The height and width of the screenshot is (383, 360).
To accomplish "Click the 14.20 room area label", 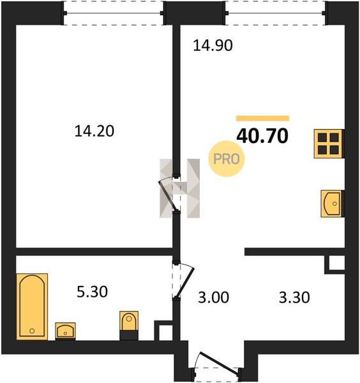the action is pos(94,131).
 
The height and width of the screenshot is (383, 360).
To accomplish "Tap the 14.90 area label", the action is pos(213,45).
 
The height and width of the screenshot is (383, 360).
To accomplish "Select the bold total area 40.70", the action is pos(262,136).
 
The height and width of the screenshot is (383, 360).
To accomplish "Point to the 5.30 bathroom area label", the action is pos(92,292).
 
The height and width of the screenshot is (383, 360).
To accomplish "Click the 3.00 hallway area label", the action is pos(213,297).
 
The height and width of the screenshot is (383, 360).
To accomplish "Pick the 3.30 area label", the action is pos(294,297).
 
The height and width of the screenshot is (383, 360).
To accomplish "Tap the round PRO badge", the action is pos(227,159).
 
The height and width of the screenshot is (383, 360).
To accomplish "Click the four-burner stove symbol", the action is pos(329,144).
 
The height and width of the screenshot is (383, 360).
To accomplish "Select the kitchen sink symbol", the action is pos(333,204).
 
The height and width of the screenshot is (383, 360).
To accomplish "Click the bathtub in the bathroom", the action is pos(32,306).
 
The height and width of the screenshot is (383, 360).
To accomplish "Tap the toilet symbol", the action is pos(129,326).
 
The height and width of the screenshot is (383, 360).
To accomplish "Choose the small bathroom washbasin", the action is pos(65,331).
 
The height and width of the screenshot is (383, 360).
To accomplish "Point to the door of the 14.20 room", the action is pos(167,194).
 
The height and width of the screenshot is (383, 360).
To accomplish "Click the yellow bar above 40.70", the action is pos(262,119).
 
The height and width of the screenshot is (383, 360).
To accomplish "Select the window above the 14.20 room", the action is pos(114,13).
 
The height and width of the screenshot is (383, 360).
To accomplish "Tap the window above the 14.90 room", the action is pos(275,13).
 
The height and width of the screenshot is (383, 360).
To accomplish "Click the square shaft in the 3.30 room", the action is pos(334,264).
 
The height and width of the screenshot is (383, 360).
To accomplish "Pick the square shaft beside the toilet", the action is pos(163,331).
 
